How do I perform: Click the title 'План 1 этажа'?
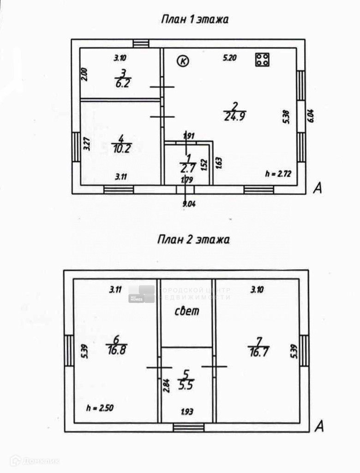click(x=194, y=19)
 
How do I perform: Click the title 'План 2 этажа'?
click(x=193, y=240)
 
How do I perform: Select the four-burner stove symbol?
click(x=263, y=60)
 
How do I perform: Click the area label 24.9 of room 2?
click(x=234, y=115)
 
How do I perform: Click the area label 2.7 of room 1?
click(x=188, y=167)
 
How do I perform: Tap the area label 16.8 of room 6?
click(x=116, y=351)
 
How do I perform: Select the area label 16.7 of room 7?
click(x=258, y=351)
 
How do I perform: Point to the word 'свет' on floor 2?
click(x=186, y=311)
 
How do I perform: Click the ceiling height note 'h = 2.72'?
click(x=278, y=174)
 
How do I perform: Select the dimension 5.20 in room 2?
click(x=229, y=58)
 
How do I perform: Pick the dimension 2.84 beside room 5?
click(x=166, y=385)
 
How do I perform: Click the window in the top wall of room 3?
click(x=141, y=43)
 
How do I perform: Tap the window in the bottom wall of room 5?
click(x=188, y=427)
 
